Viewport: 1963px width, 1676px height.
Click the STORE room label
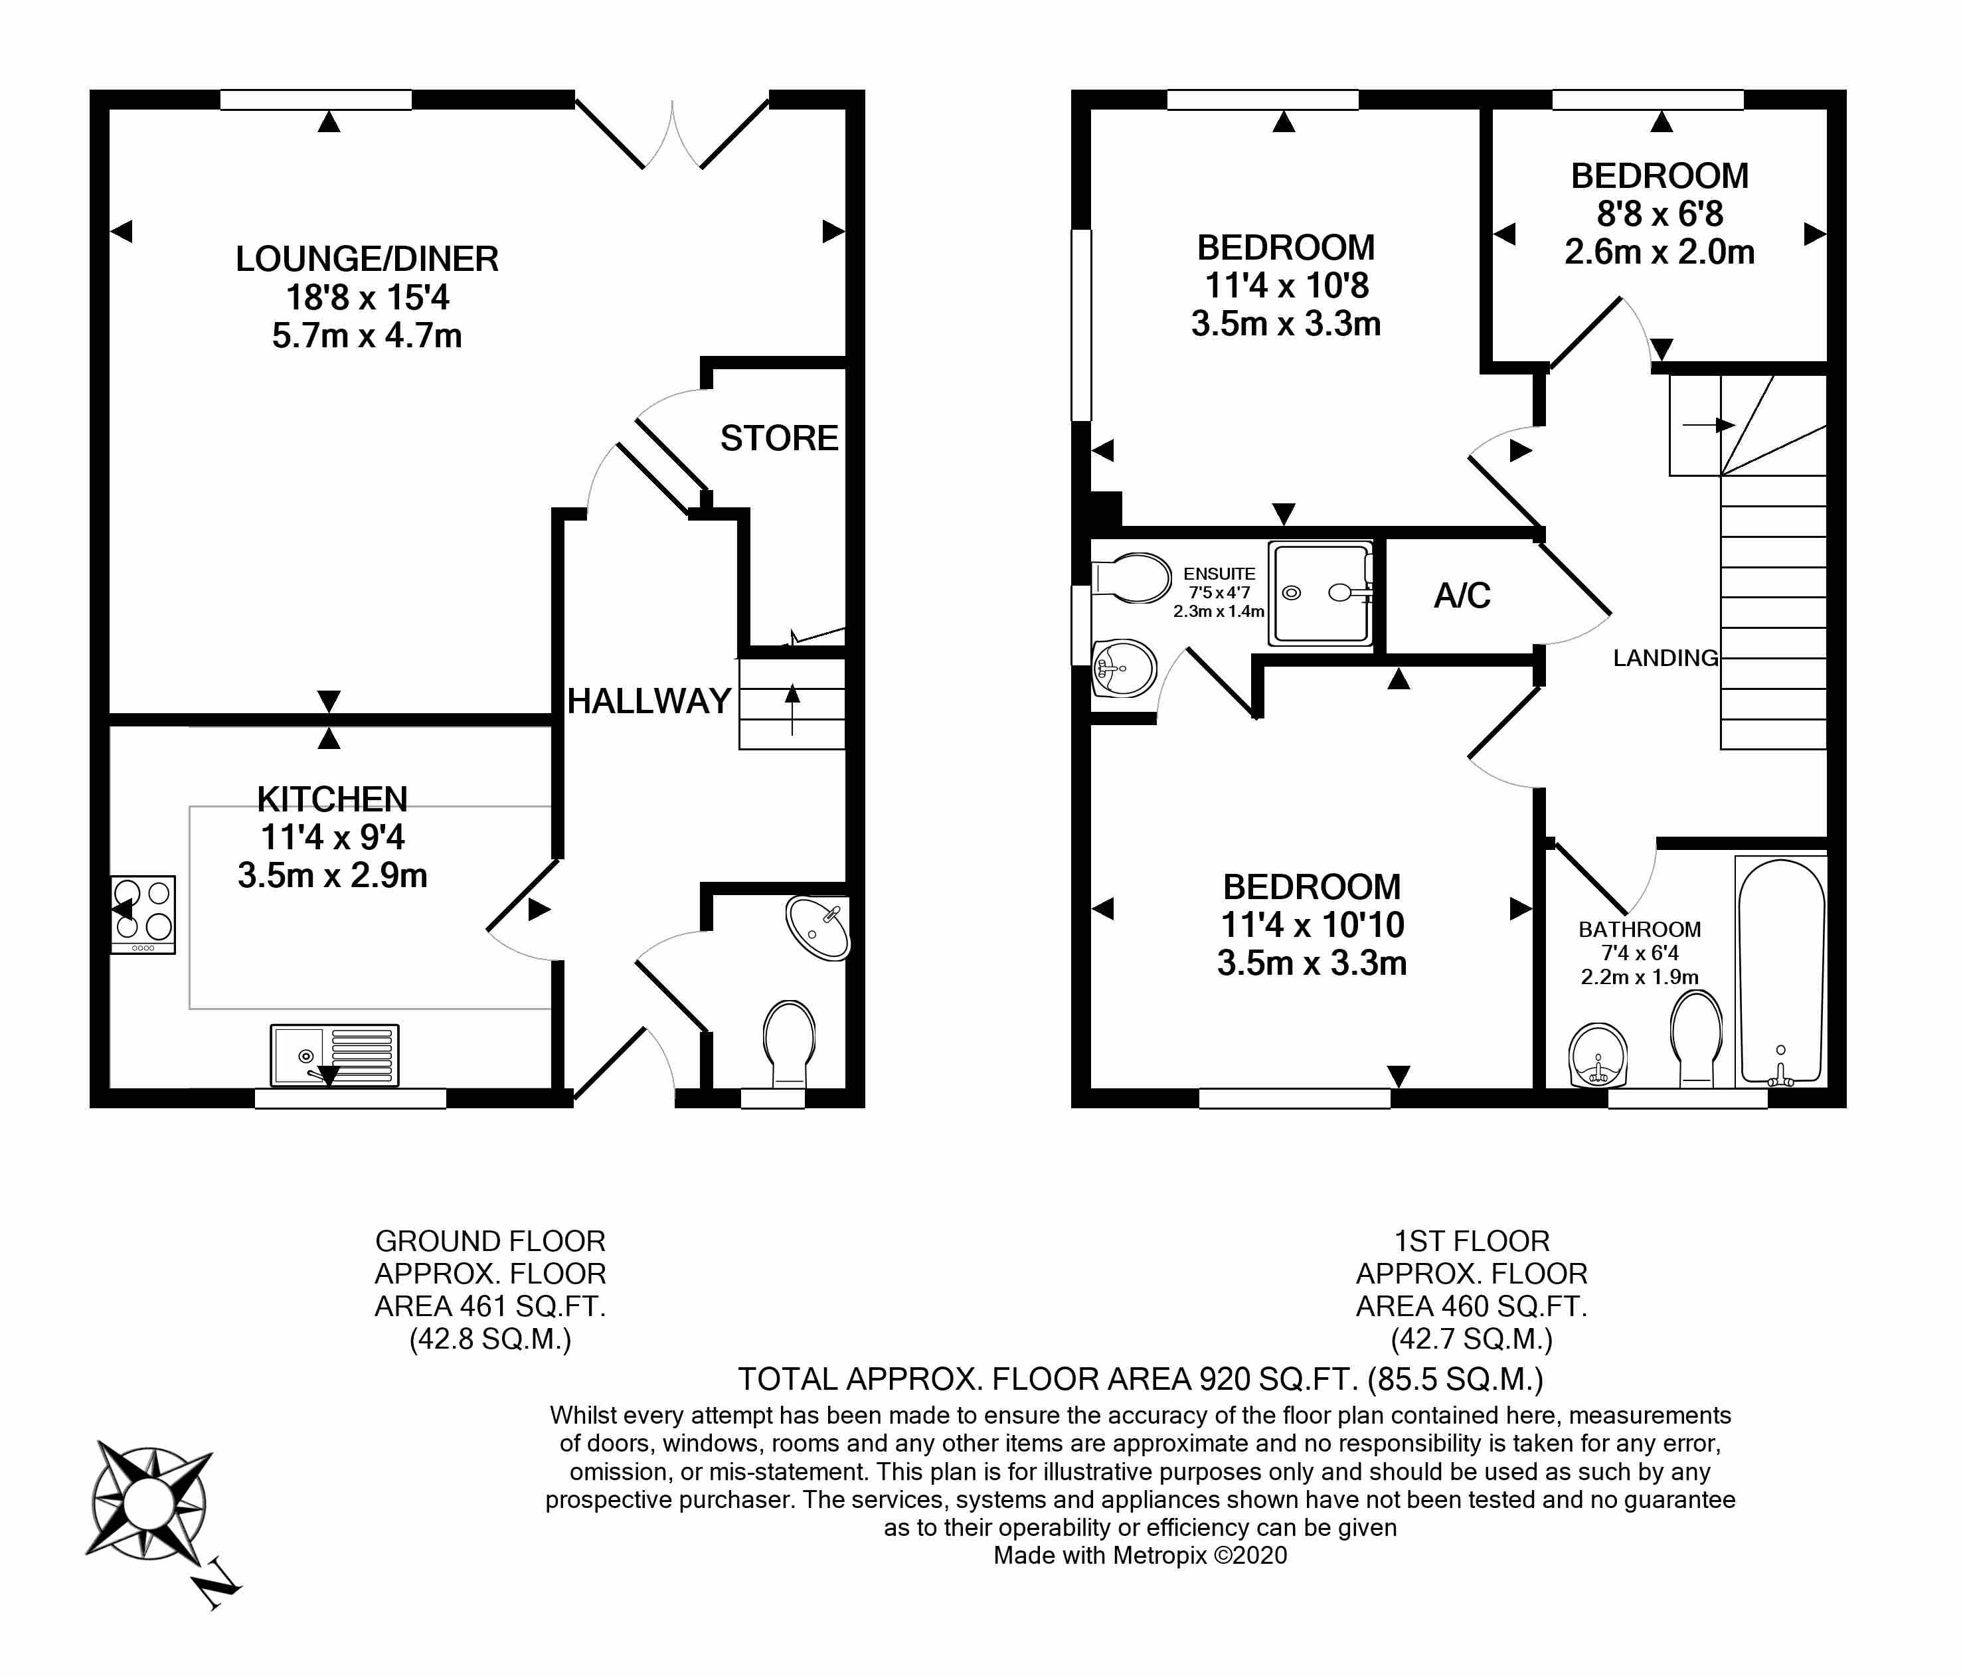coord(779,439)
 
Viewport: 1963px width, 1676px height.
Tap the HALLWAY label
coord(649,701)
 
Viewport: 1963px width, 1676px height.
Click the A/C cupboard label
coord(1462,596)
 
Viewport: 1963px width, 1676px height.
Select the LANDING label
coord(1665,657)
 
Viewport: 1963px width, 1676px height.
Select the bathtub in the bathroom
coord(1781,971)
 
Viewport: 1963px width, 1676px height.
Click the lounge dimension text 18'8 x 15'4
coord(368,297)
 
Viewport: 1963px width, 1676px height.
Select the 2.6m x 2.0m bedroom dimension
coord(1660,252)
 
